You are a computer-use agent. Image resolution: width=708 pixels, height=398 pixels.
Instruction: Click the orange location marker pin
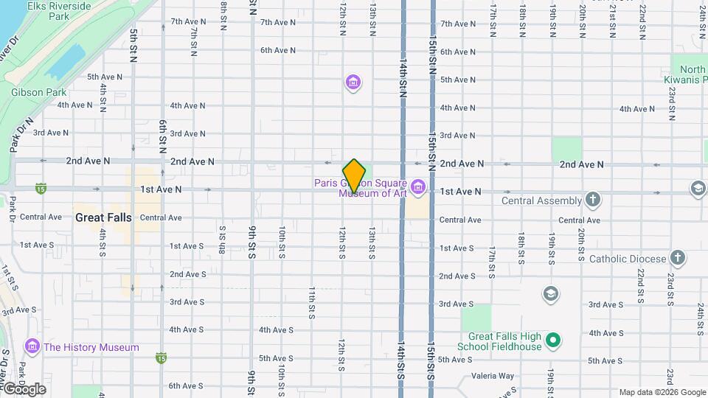coord(354,175)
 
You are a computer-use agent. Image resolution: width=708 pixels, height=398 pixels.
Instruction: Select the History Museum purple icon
coord(32,346)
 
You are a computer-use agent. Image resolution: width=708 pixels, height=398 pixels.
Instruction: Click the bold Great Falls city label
coord(103,217)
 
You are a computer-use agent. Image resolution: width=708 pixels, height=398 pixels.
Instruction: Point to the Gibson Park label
coord(38,93)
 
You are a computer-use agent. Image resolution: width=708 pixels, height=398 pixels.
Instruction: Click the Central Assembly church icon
coord(593,200)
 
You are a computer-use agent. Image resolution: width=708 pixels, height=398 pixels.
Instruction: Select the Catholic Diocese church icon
coord(678,258)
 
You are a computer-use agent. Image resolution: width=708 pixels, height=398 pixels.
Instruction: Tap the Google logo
coord(24,388)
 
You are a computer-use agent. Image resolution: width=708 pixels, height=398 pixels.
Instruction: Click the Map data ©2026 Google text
coord(662,392)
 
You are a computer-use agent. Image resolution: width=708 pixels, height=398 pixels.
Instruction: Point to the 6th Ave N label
coord(277,50)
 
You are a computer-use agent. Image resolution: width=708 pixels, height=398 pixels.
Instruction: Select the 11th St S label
coord(312,303)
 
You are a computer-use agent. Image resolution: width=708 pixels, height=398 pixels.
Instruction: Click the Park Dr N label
coord(22,134)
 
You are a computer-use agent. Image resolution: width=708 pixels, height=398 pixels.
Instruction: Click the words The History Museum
coord(91,347)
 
